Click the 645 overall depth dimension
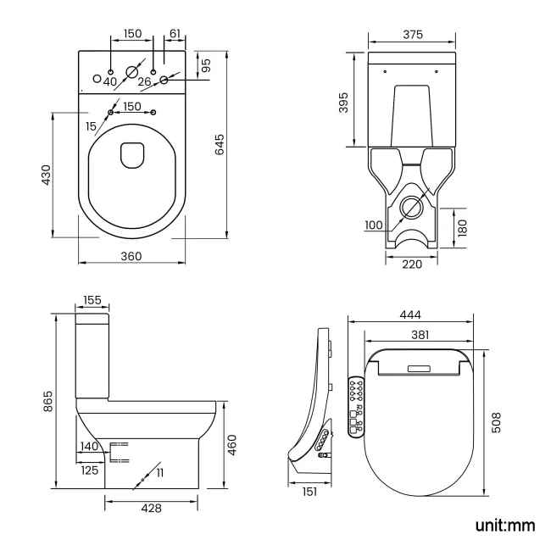click(220, 144)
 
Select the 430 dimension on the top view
click(47, 175)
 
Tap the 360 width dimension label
click(130, 256)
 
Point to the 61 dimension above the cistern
click(175, 33)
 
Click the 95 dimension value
click(206, 64)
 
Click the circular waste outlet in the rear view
click(413, 206)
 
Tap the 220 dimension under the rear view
click(412, 264)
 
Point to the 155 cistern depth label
click(92, 300)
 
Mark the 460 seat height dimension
click(233, 443)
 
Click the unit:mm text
click(504, 526)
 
